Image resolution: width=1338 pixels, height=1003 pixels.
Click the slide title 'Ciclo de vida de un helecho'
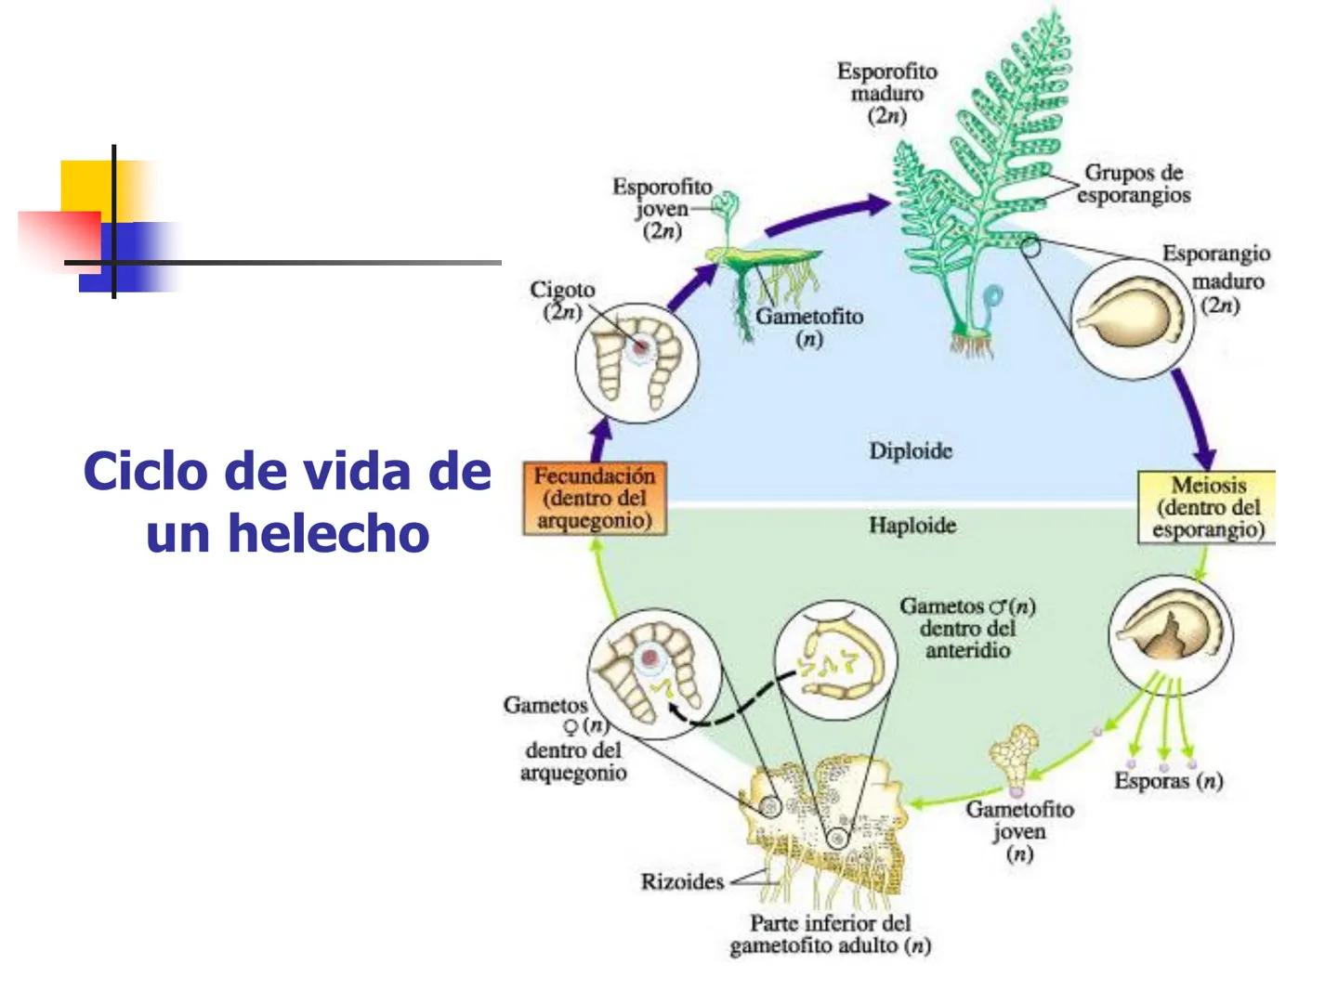coord(287,501)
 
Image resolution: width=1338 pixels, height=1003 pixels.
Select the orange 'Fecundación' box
coord(595,499)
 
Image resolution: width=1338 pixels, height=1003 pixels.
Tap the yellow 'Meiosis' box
coord(1207,507)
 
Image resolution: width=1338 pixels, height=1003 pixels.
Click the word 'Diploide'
coord(911,451)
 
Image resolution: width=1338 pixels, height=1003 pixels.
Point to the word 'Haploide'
coord(912,526)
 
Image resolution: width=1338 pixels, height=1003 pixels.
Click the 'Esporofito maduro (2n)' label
coord(886,94)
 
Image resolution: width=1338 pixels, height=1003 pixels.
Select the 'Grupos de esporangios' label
coord(1134,183)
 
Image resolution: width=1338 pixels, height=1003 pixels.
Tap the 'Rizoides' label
coord(682,881)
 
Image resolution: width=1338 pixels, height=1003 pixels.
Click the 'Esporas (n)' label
coord(1168,781)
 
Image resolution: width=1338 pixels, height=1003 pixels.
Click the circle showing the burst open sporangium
coord(1171,634)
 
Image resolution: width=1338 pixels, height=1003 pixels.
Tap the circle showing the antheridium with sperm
coord(836,663)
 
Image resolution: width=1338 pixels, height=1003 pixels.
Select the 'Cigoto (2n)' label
coord(561,300)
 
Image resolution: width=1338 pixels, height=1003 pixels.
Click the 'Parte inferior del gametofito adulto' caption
coord(830,934)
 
